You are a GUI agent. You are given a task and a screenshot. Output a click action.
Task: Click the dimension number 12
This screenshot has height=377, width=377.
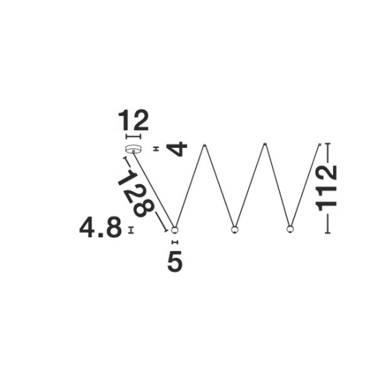(133, 120)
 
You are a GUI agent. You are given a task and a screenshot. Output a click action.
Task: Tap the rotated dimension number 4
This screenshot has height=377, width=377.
(178, 149)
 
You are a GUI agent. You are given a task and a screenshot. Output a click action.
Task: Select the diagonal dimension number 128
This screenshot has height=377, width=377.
(136, 193)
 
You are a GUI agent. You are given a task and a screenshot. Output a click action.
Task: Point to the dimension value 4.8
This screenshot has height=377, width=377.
(101, 228)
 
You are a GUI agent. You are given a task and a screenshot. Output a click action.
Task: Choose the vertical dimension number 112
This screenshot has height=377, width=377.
(326, 188)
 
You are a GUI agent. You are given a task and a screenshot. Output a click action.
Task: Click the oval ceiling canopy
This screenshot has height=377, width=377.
(133, 149)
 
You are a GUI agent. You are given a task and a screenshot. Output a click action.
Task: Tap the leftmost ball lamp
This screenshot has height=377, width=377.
(175, 230)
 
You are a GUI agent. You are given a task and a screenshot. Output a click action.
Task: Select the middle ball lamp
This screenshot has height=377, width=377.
(234, 230)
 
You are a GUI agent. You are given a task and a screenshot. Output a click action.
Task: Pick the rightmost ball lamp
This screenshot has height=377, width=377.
(290, 229)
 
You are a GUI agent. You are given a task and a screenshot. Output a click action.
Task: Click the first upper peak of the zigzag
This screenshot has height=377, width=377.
(204, 145)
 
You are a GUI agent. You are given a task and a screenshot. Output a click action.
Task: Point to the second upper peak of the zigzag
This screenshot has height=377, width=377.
(265, 144)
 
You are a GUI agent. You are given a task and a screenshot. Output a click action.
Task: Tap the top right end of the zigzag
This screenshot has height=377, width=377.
(320, 144)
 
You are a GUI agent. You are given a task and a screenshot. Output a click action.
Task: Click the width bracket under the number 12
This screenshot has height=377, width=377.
(133, 136)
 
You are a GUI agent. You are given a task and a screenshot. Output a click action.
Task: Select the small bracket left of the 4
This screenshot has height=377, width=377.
(156, 149)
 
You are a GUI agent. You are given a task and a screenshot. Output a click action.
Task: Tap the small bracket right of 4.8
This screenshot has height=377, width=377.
(131, 230)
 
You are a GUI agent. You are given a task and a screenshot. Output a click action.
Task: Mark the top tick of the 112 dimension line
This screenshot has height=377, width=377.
(328, 143)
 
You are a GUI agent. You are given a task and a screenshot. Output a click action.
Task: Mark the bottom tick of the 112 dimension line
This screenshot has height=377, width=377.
(328, 233)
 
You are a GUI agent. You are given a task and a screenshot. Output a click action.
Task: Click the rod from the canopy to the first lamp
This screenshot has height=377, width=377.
(154, 189)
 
